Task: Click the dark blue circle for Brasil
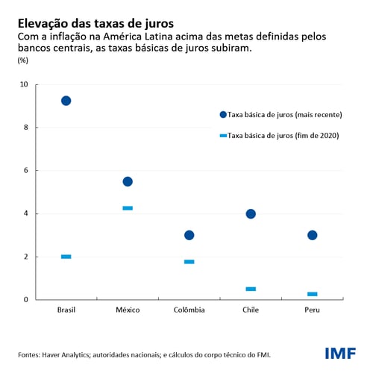(x=66, y=101)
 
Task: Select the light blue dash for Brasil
(x=66, y=257)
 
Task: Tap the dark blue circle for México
(x=128, y=181)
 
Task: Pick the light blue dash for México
(x=128, y=208)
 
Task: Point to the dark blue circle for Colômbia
(x=189, y=235)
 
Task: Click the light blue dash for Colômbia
(x=189, y=262)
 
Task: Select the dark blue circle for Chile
(x=251, y=213)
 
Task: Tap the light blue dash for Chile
(x=251, y=289)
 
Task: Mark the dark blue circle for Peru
(x=313, y=235)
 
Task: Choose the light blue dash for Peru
(x=313, y=294)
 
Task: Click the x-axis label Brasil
(x=66, y=310)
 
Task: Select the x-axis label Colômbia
(x=189, y=310)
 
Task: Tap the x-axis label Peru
(x=313, y=310)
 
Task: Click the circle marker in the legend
(x=222, y=115)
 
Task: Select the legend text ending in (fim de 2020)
(x=288, y=136)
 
